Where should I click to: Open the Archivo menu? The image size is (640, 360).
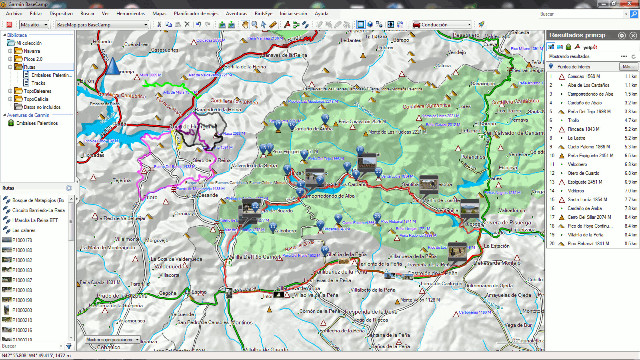coord(14,14)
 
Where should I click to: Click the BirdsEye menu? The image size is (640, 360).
coord(263,14)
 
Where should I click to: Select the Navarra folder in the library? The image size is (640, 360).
coord(32,51)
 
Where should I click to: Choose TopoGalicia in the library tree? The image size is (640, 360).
coord(36,99)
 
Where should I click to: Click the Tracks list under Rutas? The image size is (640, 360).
coord(38,83)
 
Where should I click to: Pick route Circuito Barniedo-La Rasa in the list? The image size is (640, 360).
coord(38,210)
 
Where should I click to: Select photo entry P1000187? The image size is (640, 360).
coord(22,280)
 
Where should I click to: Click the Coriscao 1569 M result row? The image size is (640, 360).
coord(584,76)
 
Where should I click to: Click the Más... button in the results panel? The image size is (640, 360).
coord(628,67)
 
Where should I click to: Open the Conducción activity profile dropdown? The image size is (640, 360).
coord(442,25)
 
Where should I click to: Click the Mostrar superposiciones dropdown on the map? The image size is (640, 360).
coord(112,340)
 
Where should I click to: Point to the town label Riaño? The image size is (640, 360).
coord(120,124)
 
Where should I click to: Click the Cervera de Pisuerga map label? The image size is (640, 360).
coord(506,223)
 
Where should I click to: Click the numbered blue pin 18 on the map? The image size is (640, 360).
coord(325,118)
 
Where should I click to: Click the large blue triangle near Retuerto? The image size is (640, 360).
coord(112,66)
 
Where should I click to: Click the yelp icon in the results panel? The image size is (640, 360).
coord(590,47)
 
